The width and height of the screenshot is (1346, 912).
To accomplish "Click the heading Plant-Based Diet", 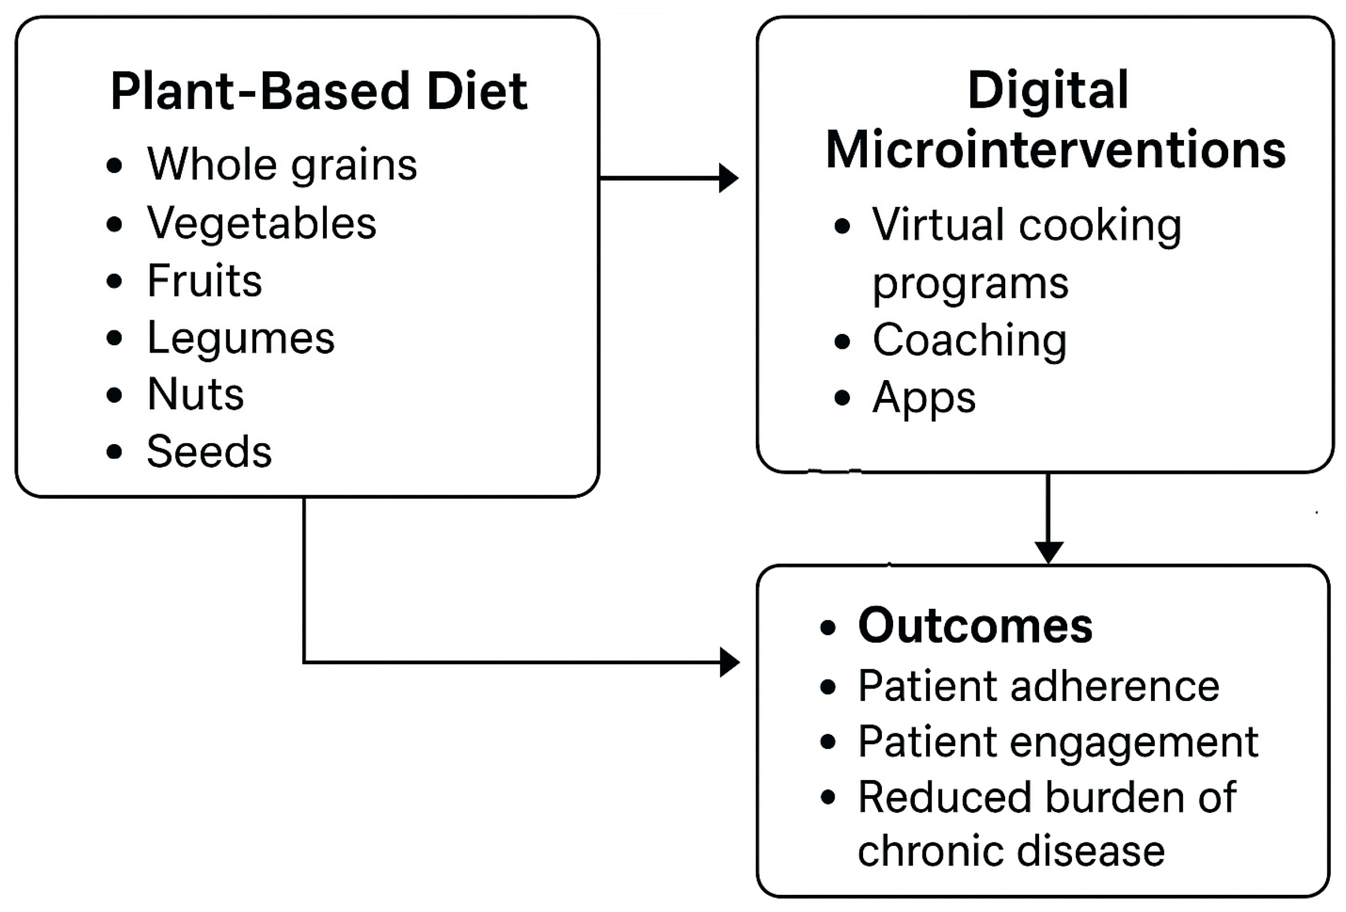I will coord(319,91).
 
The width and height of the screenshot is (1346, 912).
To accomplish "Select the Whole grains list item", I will coord(282,164).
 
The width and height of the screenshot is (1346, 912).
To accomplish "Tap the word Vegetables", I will coord(261,223).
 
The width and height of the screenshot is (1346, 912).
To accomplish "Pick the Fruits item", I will coord(205,280).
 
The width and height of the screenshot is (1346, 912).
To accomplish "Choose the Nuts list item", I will coord(195,394).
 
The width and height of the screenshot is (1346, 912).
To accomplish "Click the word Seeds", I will coord(209,451).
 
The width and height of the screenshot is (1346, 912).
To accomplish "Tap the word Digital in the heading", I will coord(1048,90).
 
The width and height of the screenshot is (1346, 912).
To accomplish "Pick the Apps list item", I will coord(924,398).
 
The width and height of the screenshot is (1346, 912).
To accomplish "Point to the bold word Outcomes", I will coord(976,626).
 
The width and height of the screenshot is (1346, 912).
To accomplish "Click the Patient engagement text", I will coord(1057,742).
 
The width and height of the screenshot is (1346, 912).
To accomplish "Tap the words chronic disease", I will coord(1011,851).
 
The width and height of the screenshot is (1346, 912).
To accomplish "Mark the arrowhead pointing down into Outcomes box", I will coord(1048,552).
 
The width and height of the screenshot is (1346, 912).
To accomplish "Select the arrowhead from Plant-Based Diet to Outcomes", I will coord(730,662).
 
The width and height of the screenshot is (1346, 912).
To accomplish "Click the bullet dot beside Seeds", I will coord(115,452).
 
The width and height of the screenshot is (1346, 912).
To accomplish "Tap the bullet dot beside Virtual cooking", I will coord(842,226).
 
